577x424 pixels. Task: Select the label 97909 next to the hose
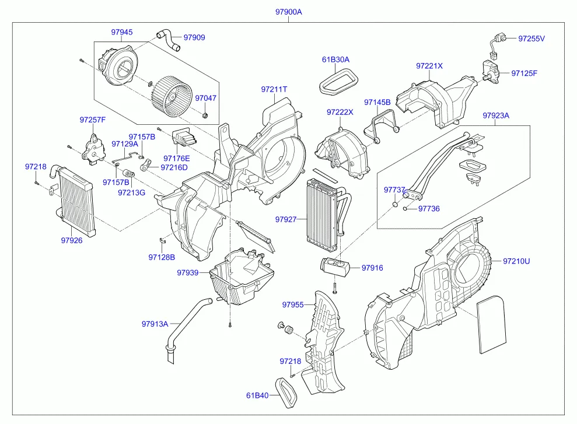pyautogui.click(x=194, y=37)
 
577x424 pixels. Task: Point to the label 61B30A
pyautogui.click(x=335, y=59)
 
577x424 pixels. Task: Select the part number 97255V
pyautogui.click(x=531, y=39)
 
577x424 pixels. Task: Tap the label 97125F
pyautogui.click(x=524, y=73)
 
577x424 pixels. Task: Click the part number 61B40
pyautogui.click(x=257, y=396)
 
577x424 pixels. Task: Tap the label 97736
pyautogui.click(x=429, y=209)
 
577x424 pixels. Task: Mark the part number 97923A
pyautogui.click(x=496, y=115)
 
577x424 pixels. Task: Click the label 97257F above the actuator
pyautogui.click(x=93, y=120)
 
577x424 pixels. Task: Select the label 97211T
pyautogui.click(x=274, y=89)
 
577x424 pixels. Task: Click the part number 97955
pyautogui.click(x=293, y=304)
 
